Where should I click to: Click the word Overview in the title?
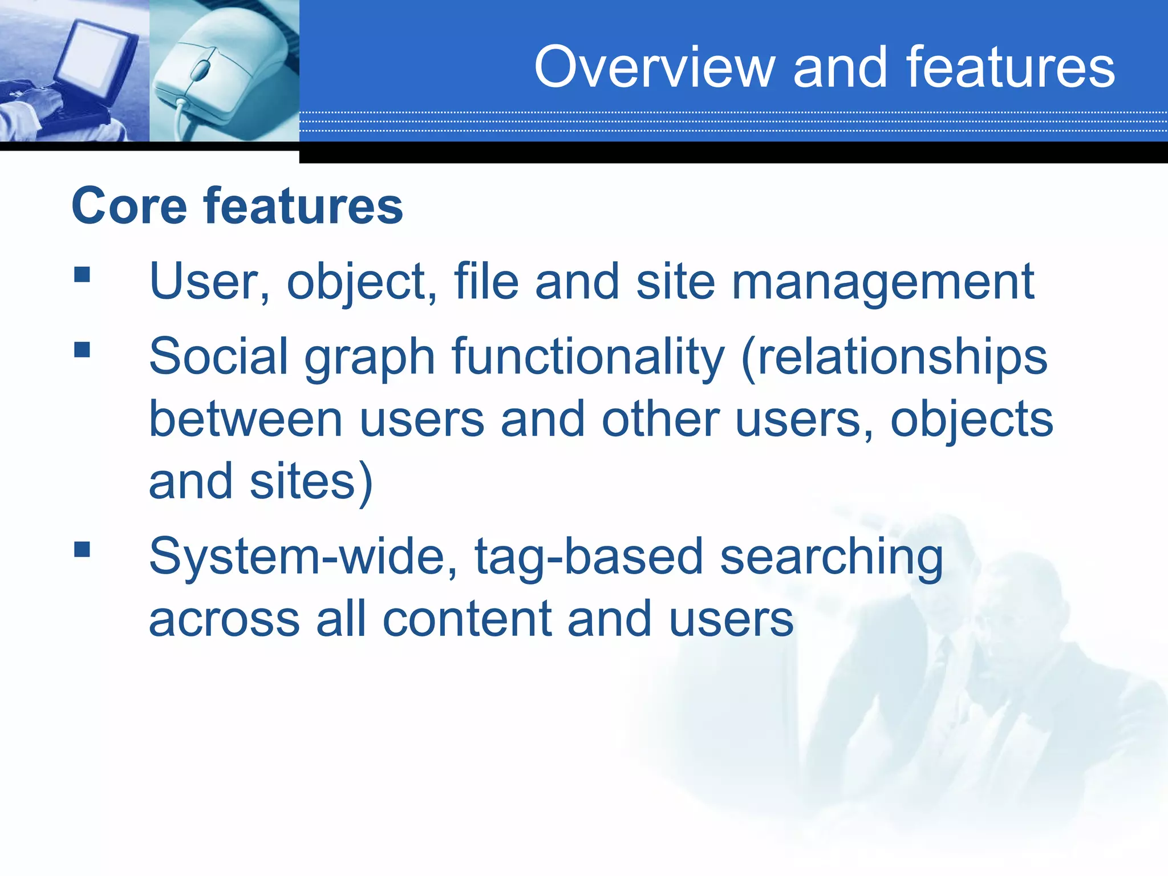654,67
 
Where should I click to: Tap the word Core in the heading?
129,206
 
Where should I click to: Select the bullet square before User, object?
82,275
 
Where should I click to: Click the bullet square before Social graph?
82,349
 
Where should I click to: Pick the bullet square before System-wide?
82,549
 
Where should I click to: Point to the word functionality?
587,357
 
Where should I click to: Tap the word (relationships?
894,357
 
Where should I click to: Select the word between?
246,419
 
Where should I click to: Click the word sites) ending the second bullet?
311,482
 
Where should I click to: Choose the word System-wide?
303,557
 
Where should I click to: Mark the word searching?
831,558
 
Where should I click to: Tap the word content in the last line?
467,619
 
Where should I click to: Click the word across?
224,619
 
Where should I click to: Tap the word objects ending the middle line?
971,420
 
